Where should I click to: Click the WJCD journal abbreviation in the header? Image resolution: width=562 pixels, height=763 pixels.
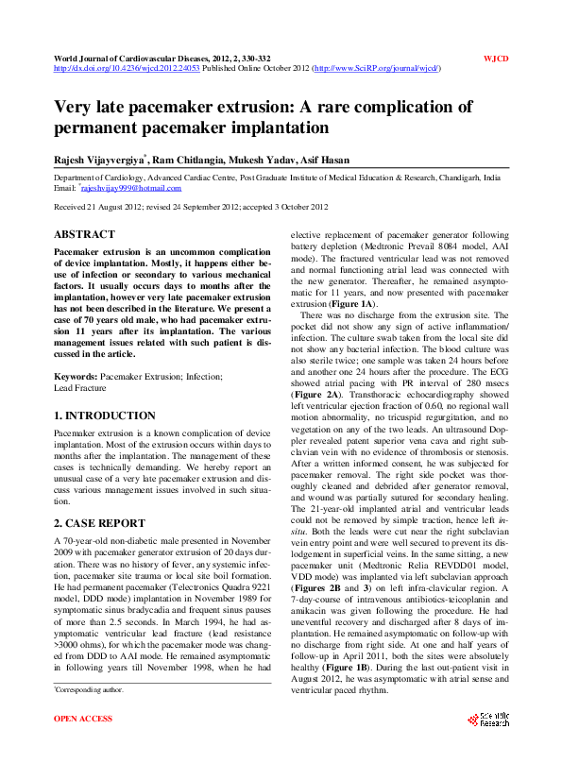(496, 59)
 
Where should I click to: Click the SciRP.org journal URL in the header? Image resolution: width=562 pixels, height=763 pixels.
(376, 69)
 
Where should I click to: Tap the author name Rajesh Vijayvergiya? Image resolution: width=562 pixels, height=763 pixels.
(98, 161)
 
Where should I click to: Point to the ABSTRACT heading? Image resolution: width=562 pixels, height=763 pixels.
(84, 233)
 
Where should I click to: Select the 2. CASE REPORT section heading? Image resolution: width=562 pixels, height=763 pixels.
(98, 521)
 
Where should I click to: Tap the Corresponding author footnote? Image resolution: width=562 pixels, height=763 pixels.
(90, 718)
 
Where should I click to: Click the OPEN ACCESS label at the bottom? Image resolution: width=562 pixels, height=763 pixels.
(83, 746)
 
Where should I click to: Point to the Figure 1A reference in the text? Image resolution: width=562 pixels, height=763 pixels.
(354, 305)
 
